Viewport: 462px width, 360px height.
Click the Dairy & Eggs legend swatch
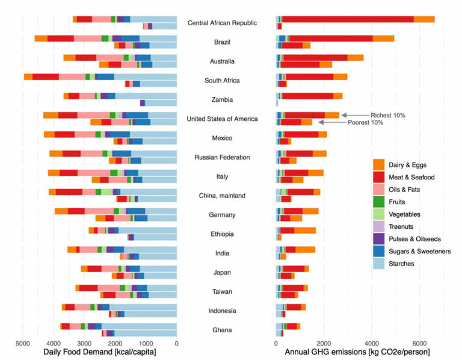coord(378,164)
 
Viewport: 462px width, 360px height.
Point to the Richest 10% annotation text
coord(388,114)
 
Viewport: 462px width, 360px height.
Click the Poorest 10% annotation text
coord(367,122)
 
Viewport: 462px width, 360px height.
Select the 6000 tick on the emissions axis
coord(419,344)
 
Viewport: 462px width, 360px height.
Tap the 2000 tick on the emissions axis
coord(324,344)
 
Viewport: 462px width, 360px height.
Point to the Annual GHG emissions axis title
coord(357,352)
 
